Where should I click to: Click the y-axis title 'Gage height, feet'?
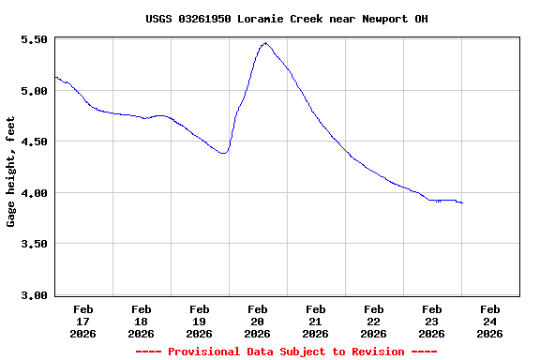pos(11,172)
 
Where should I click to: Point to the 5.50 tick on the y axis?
pos(33,40)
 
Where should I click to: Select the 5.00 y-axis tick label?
pos(33,91)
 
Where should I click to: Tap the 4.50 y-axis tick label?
pos(33,142)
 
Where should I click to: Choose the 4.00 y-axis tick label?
pos(33,193)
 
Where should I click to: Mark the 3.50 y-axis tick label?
pos(33,244)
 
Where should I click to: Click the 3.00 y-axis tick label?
pos(33,295)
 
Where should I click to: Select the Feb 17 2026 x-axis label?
pos(82,321)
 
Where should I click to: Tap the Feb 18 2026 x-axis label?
pos(141,321)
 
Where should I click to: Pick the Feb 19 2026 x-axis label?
pos(199,321)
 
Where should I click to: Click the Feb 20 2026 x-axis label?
pos(257,321)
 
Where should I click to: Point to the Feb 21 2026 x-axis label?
pos(315,321)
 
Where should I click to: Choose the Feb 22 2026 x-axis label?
pos(373,321)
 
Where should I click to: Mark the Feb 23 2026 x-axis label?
pos(431,321)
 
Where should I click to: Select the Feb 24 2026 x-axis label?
pos(489,321)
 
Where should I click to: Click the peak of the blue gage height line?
pos(265,43)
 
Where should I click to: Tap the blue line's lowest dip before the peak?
pos(223,153)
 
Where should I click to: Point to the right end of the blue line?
pos(462,202)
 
